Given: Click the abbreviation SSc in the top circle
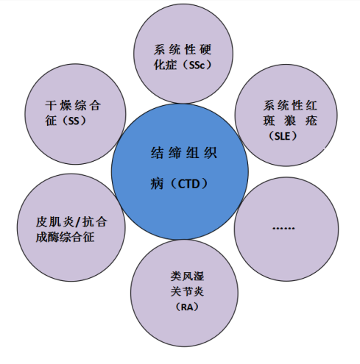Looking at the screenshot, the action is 197,65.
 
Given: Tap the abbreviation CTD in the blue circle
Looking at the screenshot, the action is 188,184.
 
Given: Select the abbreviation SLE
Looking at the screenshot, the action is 283,136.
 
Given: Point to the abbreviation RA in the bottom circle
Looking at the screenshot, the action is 187,307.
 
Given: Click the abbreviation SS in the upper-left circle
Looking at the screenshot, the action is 74,121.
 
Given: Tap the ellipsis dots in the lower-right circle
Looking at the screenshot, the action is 283,229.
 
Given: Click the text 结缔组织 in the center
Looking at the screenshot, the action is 184,153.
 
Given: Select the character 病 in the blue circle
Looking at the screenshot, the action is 157,184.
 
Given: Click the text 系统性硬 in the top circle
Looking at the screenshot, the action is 183,49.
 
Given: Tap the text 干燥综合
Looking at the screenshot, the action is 73,105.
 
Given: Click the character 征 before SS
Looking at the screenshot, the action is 51,121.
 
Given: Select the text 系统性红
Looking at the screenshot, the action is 290,105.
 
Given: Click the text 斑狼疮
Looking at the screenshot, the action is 290,121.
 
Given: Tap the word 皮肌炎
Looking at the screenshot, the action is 55,222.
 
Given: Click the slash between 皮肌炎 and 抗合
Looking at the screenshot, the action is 78,222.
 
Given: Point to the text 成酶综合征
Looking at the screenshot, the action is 65,238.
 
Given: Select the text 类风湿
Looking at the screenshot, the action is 187,276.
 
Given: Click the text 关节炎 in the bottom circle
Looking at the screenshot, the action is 187,292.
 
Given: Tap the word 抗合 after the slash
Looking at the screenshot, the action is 94,222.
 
